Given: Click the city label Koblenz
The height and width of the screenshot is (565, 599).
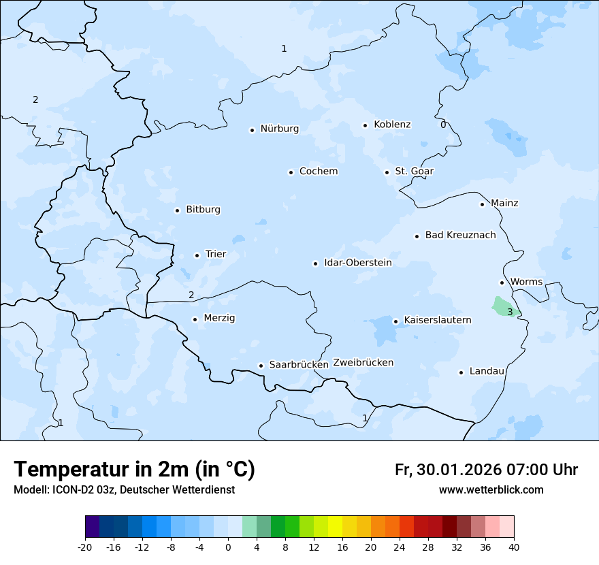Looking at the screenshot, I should coord(392,125).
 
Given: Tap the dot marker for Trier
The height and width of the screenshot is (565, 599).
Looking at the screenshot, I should coord(197,255).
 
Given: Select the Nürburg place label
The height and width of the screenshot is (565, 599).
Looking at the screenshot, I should coord(279,129).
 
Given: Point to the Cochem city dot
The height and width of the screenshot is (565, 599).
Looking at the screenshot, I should coord(291,172).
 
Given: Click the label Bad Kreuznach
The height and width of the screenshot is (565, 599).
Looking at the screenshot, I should coord(460,235).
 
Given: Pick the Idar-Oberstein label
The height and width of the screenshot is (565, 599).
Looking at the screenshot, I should coord(357,263).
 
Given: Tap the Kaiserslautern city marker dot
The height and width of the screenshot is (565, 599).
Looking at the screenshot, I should coord(395,321).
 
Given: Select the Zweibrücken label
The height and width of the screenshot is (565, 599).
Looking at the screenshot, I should coord(363,363).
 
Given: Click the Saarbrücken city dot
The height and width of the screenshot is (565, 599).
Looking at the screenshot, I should coord(261,366).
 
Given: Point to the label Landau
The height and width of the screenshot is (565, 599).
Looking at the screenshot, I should coord(487,371).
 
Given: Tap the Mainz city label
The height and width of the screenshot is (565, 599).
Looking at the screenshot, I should coord(504,203).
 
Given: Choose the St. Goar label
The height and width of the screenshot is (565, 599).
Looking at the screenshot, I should coord(414,172).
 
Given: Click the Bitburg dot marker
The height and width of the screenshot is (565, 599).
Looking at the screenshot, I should coord(177,210).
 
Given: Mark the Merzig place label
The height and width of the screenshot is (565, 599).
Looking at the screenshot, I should coord(219,318).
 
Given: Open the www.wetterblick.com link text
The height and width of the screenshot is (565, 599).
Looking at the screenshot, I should coord(491,490).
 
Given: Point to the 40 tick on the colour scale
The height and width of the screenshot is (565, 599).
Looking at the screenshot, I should coord(514,547).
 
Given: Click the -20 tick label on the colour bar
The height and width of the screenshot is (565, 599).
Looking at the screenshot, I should coord(85,547).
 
